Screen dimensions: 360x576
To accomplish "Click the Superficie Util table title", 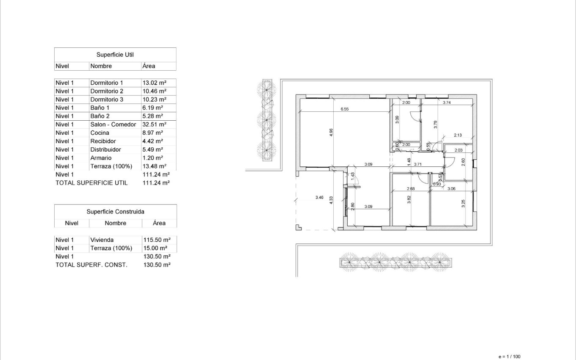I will (x=115, y=55).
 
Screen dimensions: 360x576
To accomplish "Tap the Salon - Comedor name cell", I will (x=113, y=125).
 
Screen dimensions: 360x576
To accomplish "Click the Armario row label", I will (x=101, y=158).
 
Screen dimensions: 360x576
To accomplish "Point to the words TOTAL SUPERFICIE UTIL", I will (x=91, y=183).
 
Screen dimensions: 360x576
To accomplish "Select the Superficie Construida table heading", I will (x=115, y=211).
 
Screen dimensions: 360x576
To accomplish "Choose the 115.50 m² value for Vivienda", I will (x=156, y=240).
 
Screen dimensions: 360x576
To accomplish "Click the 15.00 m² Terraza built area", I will (x=155, y=248).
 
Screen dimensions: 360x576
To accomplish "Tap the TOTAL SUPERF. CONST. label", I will (x=91, y=265).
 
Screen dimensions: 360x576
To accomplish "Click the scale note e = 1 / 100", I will (x=510, y=357).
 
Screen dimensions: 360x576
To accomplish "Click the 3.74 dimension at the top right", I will (x=446, y=102).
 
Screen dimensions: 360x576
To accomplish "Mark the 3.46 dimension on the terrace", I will (x=320, y=197).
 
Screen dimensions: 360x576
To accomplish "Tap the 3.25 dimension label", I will (x=463, y=204).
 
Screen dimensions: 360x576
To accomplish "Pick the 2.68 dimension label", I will (x=410, y=189).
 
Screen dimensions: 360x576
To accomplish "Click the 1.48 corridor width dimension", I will (x=409, y=162).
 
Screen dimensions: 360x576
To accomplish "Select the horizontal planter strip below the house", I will (x=396, y=263).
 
